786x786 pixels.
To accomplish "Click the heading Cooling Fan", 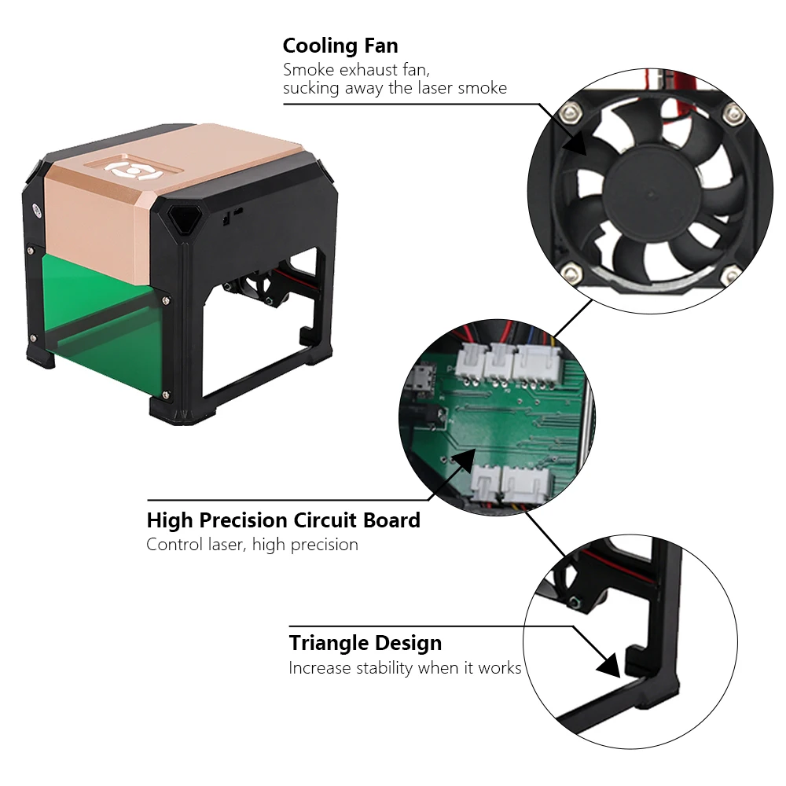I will tap(340, 46).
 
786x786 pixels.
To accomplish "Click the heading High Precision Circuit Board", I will tap(283, 520).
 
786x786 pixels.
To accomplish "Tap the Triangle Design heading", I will tap(365, 643).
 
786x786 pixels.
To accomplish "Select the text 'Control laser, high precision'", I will tap(252, 544).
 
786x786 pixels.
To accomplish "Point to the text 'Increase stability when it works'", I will tap(405, 668).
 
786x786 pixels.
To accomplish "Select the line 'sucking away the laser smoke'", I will tap(395, 88).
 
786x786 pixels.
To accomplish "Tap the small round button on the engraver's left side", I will tap(36, 211).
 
